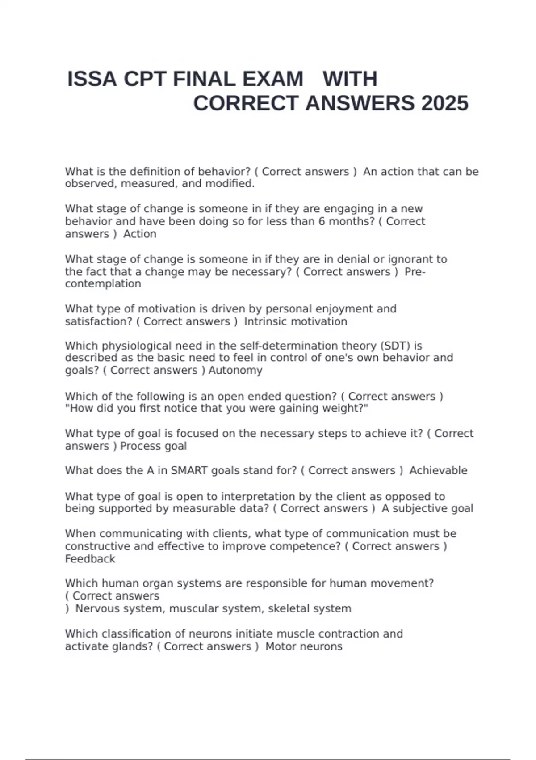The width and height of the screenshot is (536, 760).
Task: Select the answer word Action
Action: click(x=140, y=234)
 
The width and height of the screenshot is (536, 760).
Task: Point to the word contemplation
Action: click(x=103, y=284)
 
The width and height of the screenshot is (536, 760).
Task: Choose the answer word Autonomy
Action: click(x=235, y=371)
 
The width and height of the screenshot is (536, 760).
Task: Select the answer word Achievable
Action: click(x=438, y=471)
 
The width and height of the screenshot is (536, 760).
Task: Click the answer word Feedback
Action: click(x=90, y=559)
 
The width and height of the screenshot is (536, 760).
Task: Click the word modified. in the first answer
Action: click(x=230, y=184)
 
